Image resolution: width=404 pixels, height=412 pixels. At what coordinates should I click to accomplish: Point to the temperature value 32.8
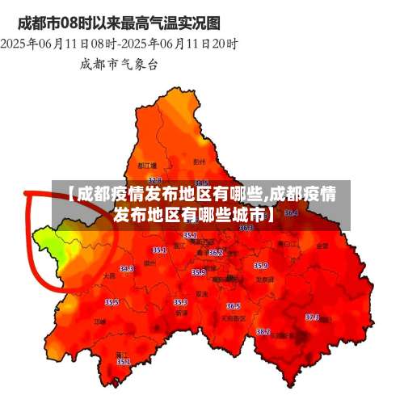[x=155, y=179]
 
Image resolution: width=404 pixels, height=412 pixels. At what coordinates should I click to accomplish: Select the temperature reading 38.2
[x=263, y=332]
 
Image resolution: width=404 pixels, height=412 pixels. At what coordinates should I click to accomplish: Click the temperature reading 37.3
[x=312, y=317]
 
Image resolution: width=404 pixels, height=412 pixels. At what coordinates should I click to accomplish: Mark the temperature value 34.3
[x=127, y=269]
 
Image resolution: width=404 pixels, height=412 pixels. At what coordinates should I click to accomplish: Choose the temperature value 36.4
[x=291, y=213]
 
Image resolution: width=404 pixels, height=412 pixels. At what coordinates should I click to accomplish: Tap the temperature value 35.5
[x=112, y=302]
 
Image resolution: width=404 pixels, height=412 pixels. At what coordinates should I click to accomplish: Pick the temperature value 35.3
[x=181, y=302]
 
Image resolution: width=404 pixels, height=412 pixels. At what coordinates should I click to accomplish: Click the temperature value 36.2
[x=216, y=253]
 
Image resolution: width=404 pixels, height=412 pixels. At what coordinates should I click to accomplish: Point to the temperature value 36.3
[x=246, y=228]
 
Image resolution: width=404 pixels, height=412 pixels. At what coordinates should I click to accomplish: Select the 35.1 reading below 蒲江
[x=124, y=362]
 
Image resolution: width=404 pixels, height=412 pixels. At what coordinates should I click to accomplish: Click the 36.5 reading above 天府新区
[x=233, y=306]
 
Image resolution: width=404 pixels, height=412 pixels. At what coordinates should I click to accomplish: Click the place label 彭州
[x=200, y=162]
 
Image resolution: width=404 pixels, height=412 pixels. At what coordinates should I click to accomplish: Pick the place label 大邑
[x=110, y=276]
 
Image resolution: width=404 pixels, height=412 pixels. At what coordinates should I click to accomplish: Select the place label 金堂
[x=322, y=244]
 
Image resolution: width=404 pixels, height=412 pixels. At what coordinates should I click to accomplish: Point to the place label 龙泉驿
[x=263, y=279]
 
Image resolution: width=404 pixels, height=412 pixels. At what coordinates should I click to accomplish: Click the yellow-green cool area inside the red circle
[x=50, y=242]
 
